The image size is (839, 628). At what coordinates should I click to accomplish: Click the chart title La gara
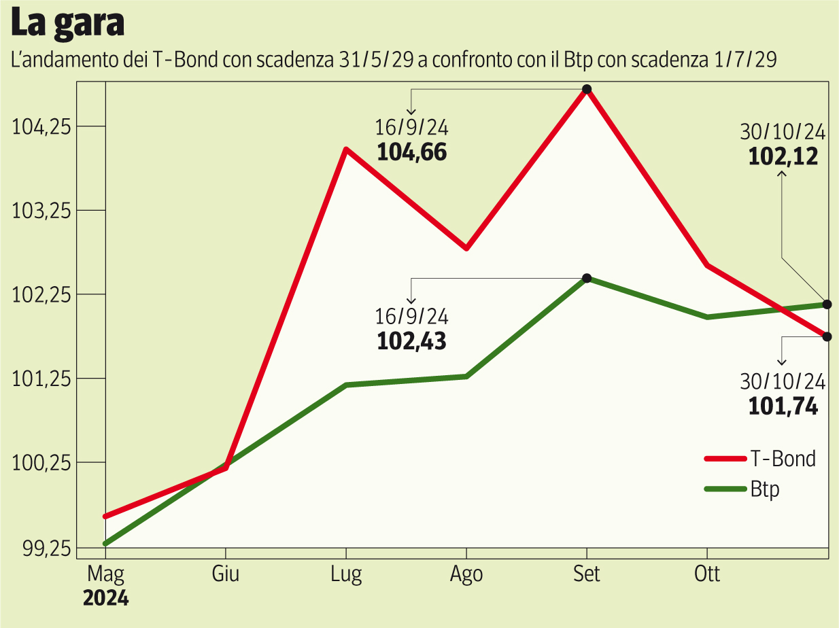click(x=67, y=24)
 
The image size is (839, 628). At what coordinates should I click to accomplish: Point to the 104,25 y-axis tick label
click(x=43, y=126)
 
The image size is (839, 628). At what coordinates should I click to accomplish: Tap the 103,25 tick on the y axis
click(x=43, y=211)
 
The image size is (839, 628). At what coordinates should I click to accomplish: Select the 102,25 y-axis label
click(x=43, y=295)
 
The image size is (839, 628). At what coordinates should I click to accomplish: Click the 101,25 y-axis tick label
click(x=43, y=379)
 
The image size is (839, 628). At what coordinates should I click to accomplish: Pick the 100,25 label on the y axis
click(x=43, y=464)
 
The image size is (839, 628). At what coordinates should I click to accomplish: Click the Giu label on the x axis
click(x=226, y=574)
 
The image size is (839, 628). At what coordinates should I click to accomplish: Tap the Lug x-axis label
click(x=346, y=574)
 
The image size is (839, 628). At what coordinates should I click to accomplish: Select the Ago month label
click(x=466, y=574)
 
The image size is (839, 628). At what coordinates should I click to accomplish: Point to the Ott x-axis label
click(x=707, y=574)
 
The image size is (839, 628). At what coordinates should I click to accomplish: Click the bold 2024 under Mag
click(x=105, y=599)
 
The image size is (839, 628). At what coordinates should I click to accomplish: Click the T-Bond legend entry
click(x=783, y=459)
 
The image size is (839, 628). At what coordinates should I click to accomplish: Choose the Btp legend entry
click(x=765, y=489)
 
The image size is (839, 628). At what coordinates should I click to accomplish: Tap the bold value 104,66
click(x=412, y=152)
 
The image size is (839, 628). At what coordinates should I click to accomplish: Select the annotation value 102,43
click(x=412, y=341)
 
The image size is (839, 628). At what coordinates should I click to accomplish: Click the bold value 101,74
click(x=783, y=406)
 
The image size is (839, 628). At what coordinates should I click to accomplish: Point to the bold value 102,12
click(x=783, y=156)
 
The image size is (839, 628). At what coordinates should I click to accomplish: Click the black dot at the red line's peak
click(x=587, y=89)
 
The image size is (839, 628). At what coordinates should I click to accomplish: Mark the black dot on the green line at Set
click(x=587, y=278)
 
